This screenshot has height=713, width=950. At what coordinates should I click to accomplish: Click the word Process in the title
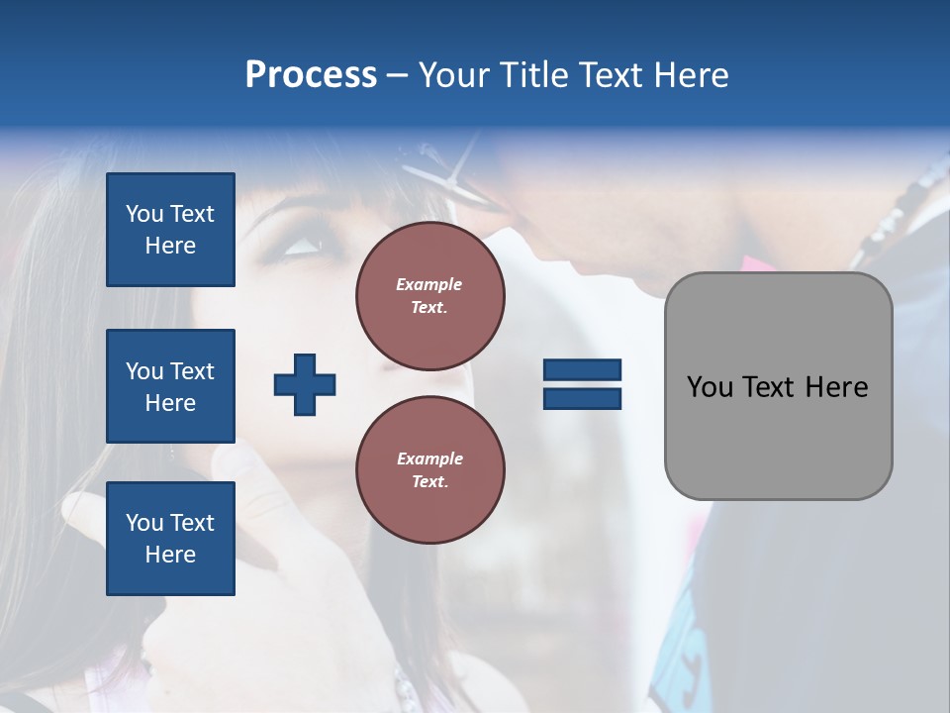tap(311, 75)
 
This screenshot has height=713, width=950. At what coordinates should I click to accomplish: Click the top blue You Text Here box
tap(170, 230)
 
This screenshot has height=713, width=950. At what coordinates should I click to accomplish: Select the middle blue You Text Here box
tap(170, 386)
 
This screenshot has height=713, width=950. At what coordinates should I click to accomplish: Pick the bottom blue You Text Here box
tap(170, 539)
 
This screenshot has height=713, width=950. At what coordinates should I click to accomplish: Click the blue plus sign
tap(305, 384)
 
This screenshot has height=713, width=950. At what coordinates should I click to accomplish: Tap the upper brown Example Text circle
tap(430, 296)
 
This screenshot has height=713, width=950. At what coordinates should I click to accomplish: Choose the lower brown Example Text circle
tap(430, 470)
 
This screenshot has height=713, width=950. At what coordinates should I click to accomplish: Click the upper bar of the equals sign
tap(582, 369)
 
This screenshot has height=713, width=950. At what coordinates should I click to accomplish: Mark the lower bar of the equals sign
tap(582, 398)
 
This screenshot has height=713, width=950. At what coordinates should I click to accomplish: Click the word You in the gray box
tap(711, 387)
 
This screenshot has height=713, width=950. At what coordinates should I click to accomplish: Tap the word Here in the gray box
tap(836, 387)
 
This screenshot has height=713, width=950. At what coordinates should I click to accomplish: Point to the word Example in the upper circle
tap(429, 284)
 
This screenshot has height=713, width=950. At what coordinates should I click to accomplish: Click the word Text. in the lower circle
tap(429, 482)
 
